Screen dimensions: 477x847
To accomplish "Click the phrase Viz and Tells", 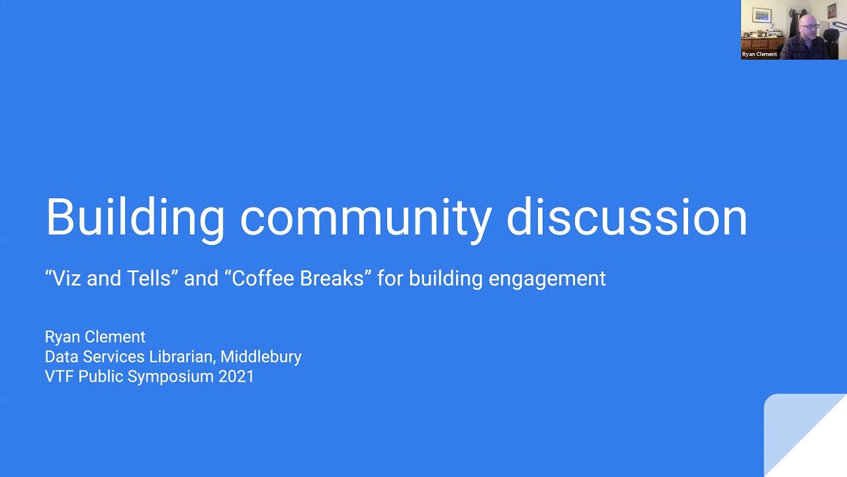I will pyautogui.click(x=111, y=278).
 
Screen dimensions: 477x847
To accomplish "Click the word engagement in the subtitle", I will pyautogui.click(x=547, y=278).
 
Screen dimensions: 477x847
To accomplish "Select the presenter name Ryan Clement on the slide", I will pyautogui.click(x=95, y=337).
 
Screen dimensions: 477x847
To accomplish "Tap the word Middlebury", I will pyautogui.click(x=261, y=356).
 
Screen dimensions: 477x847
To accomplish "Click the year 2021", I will pyautogui.click(x=236, y=376).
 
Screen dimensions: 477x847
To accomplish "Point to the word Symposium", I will pyautogui.click(x=171, y=376).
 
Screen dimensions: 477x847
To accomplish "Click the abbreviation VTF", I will pyautogui.click(x=59, y=376).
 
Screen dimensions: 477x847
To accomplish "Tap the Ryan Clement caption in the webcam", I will pyautogui.click(x=759, y=54).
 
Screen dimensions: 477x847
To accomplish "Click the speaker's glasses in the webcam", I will pyautogui.click(x=809, y=26).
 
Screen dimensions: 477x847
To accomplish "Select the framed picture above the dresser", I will pyautogui.click(x=762, y=15).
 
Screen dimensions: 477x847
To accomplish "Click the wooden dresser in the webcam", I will pyautogui.click(x=763, y=44).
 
